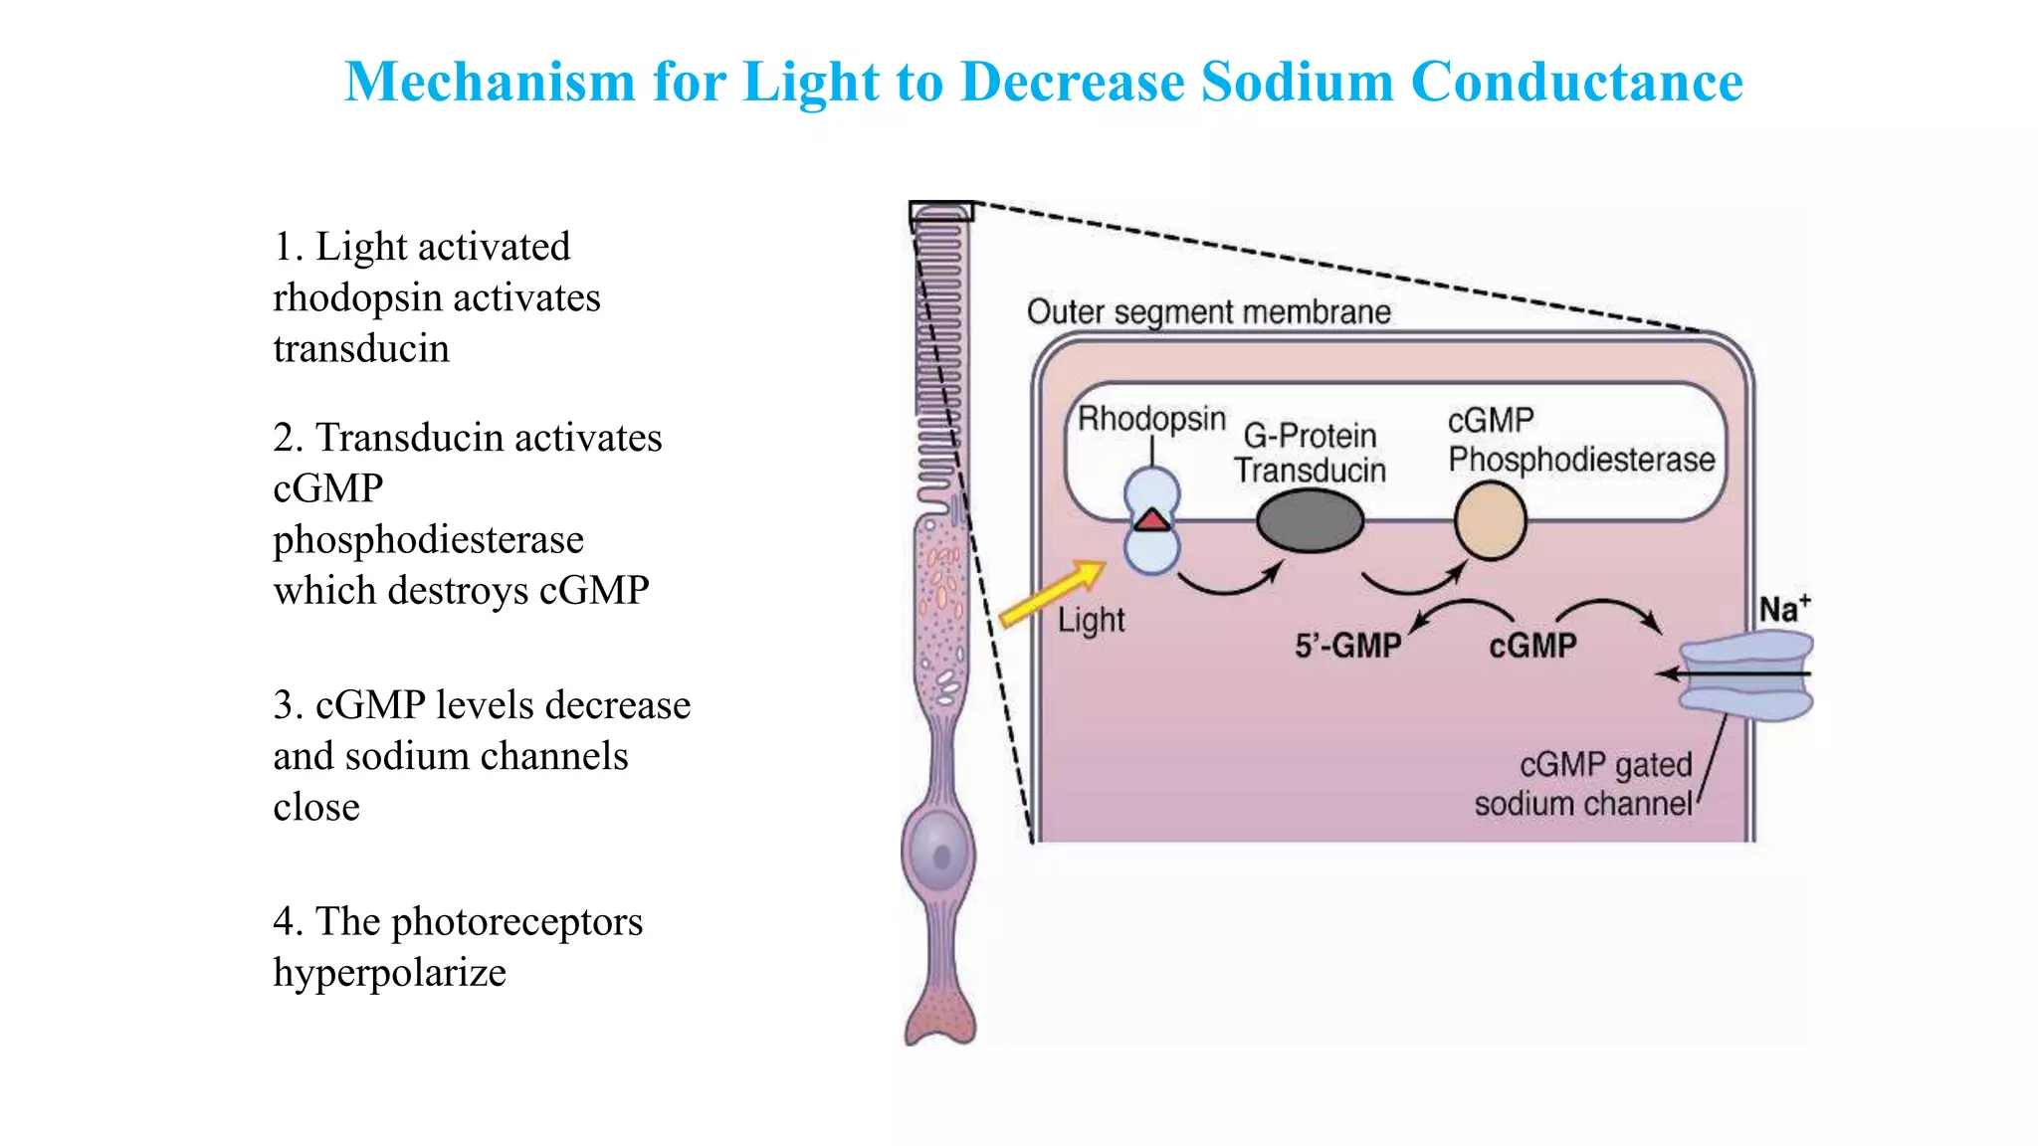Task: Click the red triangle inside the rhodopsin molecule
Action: click(1152, 520)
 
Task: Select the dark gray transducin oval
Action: click(1310, 521)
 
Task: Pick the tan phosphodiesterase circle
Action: click(1490, 521)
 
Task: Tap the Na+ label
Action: click(1783, 609)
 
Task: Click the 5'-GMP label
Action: click(1347, 647)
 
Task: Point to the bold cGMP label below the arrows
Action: click(1532, 647)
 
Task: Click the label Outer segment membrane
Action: click(1208, 312)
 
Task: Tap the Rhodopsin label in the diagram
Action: click(1151, 418)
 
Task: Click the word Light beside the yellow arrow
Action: click(1091, 621)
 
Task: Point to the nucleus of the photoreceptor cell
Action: click(939, 854)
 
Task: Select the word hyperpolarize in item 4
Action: click(389, 973)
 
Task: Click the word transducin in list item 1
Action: click(361, 349)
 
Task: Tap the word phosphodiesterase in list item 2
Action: click(428, 540)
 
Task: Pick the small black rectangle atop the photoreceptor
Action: click(940, 212)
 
